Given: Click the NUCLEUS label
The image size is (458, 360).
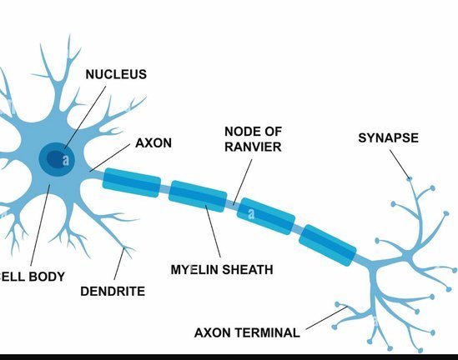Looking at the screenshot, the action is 116,74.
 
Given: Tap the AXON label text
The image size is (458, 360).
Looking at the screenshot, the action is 154,143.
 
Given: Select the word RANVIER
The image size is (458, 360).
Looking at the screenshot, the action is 253,147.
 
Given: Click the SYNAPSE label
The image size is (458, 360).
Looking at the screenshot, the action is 389,138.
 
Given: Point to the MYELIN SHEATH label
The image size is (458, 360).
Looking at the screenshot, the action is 222,269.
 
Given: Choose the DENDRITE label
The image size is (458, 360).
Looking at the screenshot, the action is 113,291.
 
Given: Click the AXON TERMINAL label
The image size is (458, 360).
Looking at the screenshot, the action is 247,332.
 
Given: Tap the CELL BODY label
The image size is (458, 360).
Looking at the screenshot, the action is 32,277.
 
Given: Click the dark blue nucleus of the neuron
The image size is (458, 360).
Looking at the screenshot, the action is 57,159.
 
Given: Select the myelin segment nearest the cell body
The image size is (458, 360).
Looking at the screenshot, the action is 132,182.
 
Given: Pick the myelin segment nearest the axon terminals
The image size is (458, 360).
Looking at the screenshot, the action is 327,245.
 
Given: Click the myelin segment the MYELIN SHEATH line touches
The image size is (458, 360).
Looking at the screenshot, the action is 198,196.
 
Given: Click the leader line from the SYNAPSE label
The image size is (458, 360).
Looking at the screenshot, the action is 400,164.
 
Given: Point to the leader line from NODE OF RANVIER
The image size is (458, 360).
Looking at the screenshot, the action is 243,182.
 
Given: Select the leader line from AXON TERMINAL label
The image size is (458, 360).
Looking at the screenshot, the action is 326,318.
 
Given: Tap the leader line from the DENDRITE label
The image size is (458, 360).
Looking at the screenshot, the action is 119,263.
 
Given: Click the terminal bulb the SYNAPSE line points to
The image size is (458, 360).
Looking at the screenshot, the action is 410,178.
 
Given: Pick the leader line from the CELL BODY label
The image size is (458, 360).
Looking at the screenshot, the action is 40,226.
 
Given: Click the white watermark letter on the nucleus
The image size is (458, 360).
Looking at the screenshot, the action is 66,160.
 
